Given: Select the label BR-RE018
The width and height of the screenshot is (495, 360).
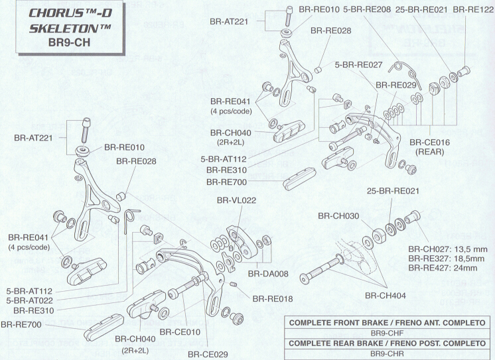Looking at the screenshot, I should point(272,299).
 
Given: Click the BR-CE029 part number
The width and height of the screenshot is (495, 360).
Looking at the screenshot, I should point(207,354).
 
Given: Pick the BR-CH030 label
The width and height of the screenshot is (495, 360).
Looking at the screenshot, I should point(338,215).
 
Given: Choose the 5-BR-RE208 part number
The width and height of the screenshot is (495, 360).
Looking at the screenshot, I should point(367,9).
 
